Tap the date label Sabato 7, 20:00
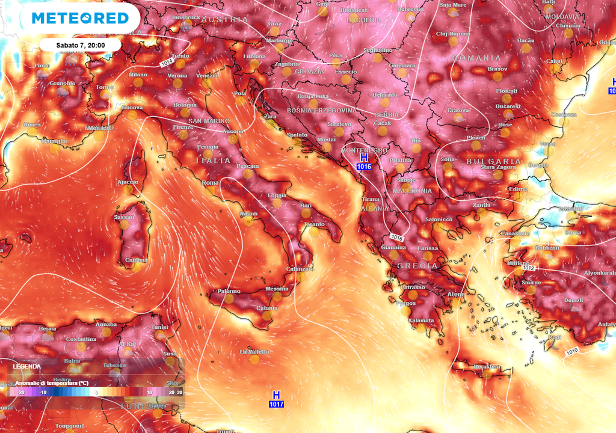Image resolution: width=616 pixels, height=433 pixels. point(81,45)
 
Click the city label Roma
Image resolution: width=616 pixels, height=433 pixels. point(210,183)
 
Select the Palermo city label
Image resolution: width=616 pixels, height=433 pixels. point(229,291)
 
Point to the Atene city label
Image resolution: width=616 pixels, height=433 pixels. point(455,293)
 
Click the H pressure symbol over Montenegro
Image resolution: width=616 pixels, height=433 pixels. point(363,157)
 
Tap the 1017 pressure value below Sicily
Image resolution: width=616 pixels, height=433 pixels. point(276,404)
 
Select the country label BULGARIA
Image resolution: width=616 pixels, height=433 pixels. point(493,161)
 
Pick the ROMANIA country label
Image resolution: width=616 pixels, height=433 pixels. point(476,58)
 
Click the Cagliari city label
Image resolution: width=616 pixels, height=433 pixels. point(135,260)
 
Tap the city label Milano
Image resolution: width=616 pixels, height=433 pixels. point(138,75)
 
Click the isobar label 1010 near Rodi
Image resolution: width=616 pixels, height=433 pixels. point(572,351)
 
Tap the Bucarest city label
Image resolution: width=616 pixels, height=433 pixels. point(508,106)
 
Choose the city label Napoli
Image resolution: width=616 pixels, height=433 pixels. point(248,213)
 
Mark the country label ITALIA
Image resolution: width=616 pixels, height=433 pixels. point(214,161)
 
